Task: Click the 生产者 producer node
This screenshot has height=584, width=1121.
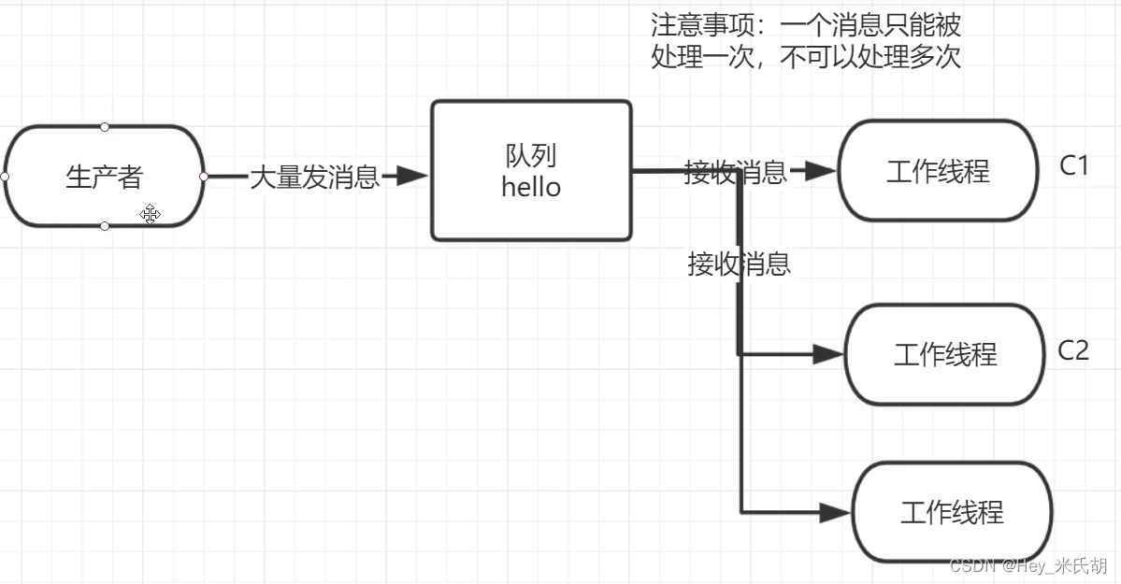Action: click(x=104, y=177)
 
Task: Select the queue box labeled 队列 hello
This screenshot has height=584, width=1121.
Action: click(x=531, y=170)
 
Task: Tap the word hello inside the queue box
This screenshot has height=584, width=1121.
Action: click(x=531, y=187)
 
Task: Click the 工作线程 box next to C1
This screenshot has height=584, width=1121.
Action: click(x=938, y=171)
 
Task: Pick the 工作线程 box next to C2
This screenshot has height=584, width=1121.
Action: click(x=944, y=354)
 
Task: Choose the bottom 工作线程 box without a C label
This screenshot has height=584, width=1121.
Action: click(x=951, y=512)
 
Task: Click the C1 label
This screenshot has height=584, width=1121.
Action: click(x=1074, y=165)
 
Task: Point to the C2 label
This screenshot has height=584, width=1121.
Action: click(x=1073, y=350)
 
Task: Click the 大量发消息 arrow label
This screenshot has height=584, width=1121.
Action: click(x=314, y=177)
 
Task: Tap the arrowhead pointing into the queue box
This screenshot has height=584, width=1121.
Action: click(x=410, y=176)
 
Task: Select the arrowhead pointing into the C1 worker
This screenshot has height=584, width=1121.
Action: click(x=819, y=171)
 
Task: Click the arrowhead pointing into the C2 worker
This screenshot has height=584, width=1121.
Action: click(x=827, y=354)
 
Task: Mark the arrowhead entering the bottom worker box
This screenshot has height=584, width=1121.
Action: click(x=834, y=512)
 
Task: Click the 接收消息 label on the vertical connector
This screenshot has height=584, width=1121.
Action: click(x=740, y=264)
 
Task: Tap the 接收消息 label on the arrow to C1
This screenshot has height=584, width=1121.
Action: click(x=735, y=172)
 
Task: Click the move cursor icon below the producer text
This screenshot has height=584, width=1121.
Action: click(x=150, y=215)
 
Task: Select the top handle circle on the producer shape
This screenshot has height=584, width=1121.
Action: click(x=105, y=126)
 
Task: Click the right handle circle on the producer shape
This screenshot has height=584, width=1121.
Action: click(x=204, y=176)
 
